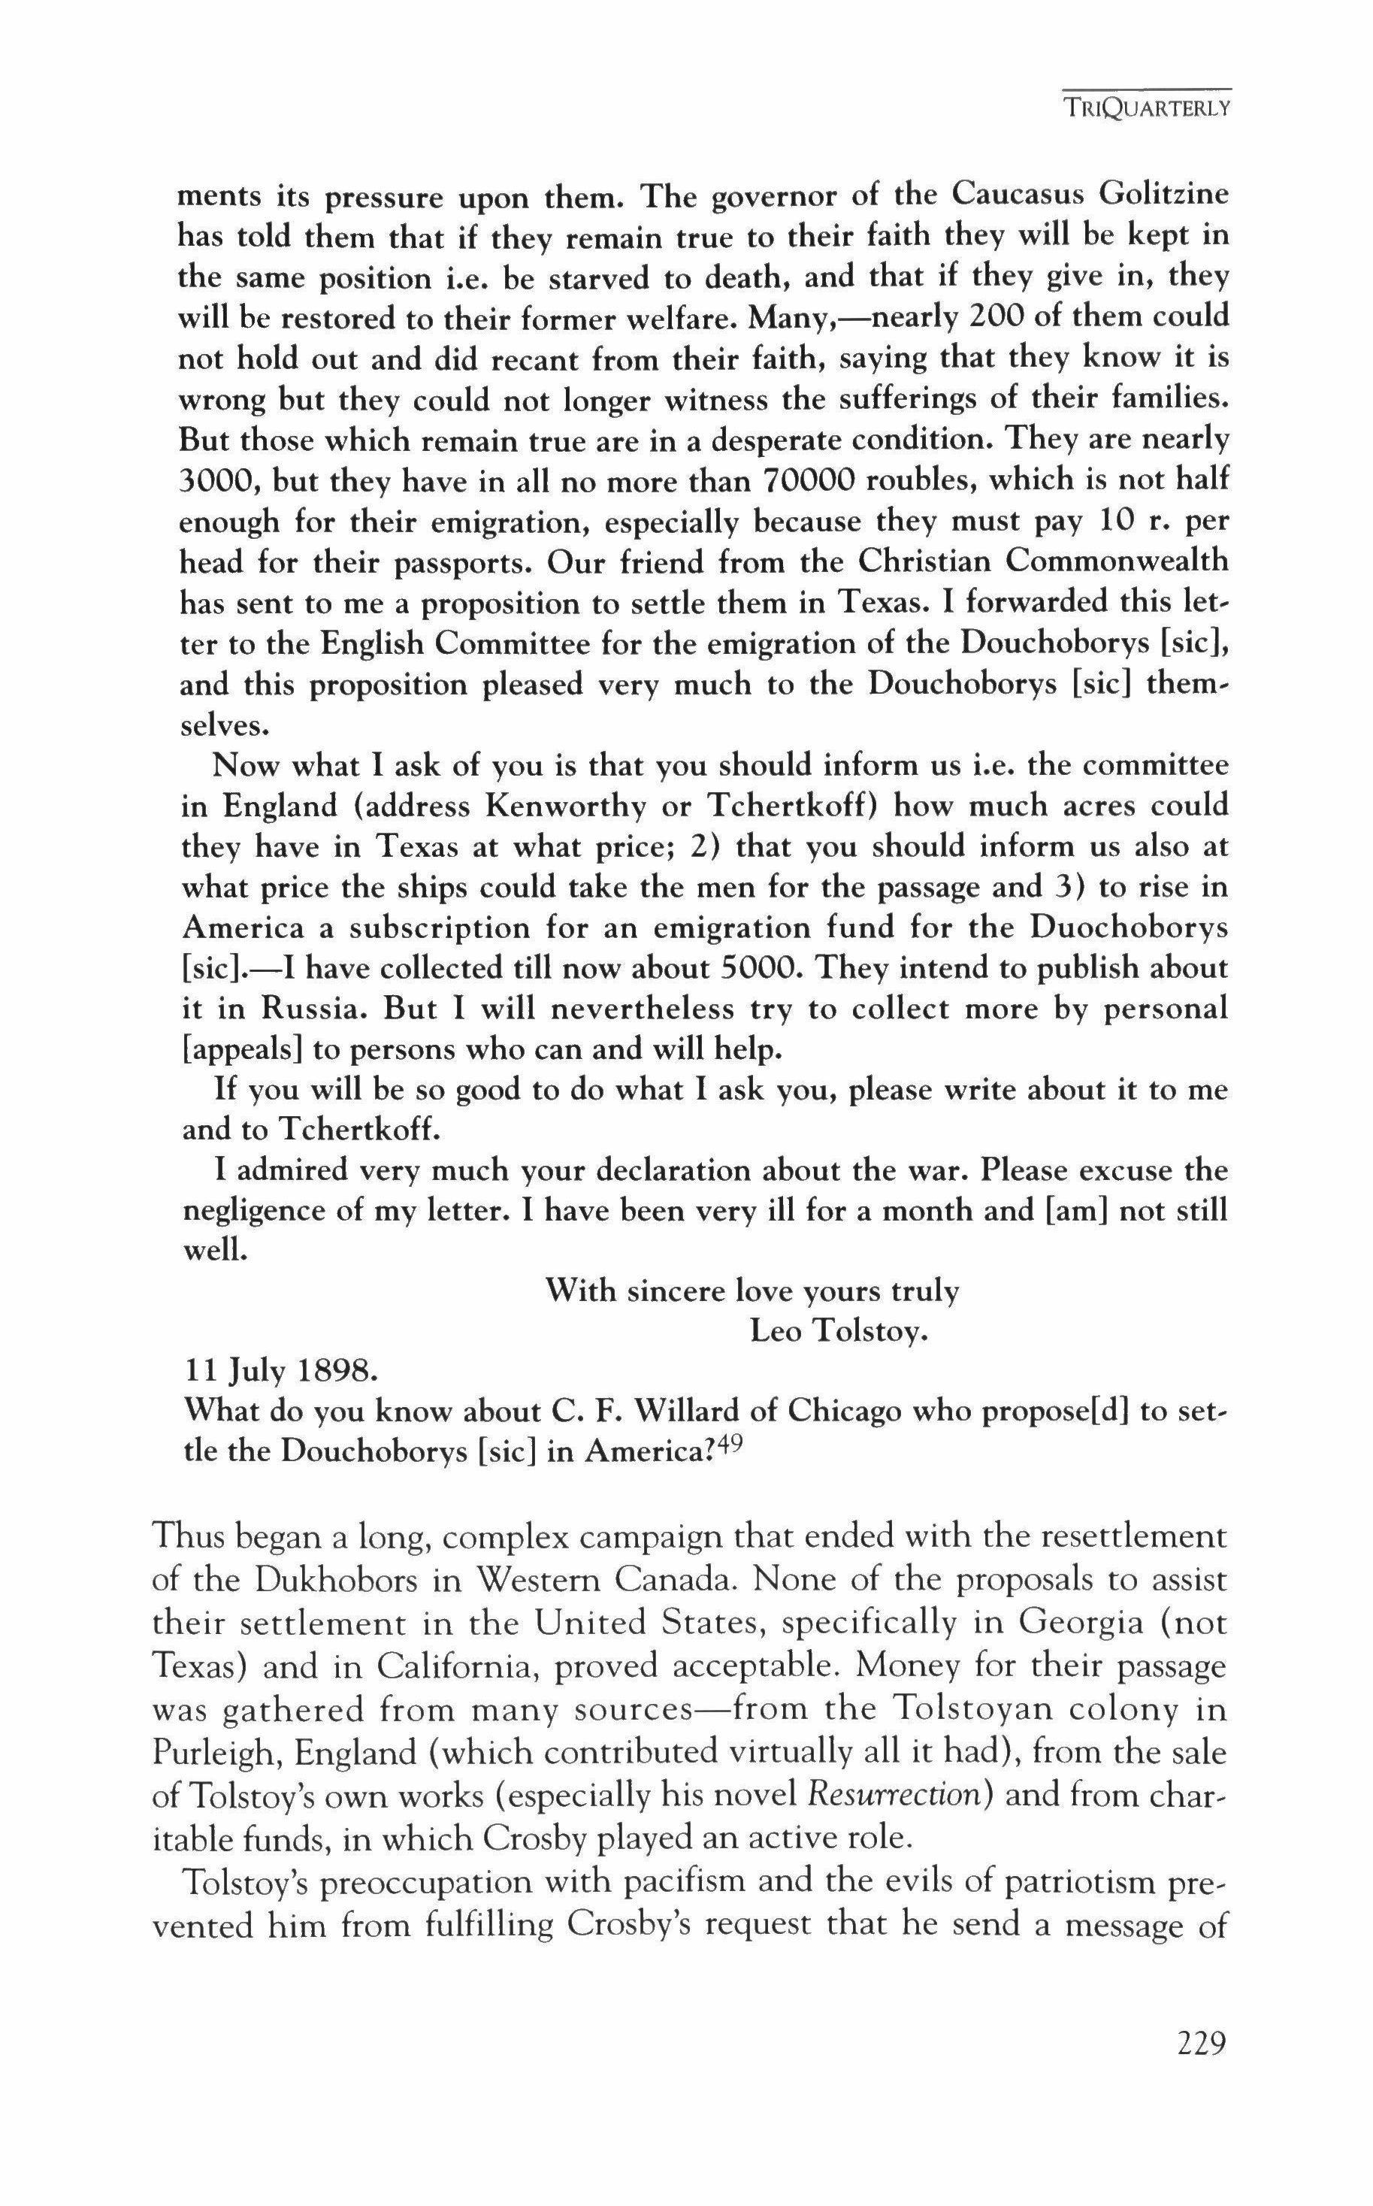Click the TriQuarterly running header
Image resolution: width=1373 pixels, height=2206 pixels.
[x=1148, y=108]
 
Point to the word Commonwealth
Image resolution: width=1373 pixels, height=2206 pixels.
[x=1116, y=561]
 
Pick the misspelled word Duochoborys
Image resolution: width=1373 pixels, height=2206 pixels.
[x=1130, y=928]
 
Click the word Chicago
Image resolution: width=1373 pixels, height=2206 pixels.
[x=844, y=1411]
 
